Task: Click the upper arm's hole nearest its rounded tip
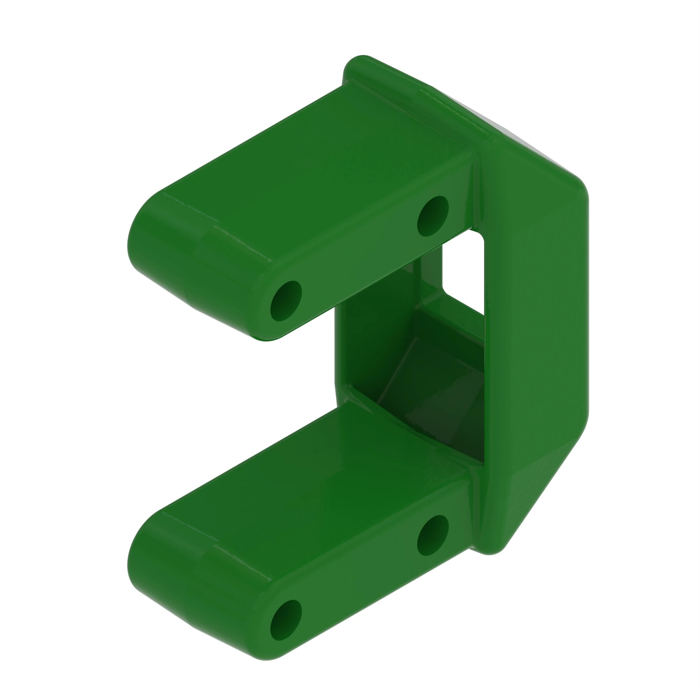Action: pyautogui.click(x=286, y=301)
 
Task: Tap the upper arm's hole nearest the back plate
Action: pyautogui.click(x=433, y=216)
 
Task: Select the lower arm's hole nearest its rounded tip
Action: pyautogui.click(x=286, y=620)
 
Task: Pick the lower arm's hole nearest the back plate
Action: pyautogui.click(x=433, y=535)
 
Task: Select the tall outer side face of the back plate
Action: pyautogui.click(x=535, y=308)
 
